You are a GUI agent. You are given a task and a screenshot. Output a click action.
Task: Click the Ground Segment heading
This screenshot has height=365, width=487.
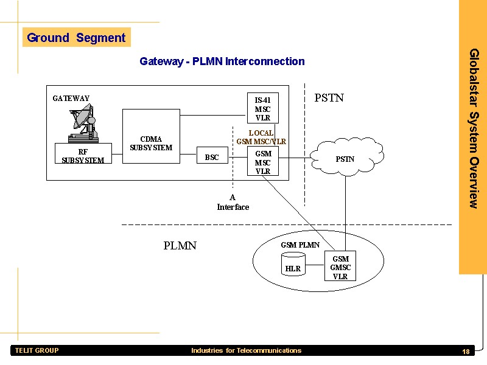pos(76,38)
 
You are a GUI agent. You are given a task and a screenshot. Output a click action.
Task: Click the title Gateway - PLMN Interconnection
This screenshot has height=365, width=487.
pos(222,61)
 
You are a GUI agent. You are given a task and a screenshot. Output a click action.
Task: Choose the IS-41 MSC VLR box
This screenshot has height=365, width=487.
pos(262,108)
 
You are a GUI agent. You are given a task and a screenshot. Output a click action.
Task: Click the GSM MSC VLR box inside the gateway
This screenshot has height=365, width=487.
pos(262,162)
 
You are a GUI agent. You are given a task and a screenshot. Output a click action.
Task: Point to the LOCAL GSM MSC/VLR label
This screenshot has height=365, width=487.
pos(261,137)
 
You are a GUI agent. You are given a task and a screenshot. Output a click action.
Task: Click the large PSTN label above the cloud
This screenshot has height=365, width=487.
pos(329,98)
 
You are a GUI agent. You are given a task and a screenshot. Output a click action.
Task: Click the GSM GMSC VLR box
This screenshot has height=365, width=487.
pos(340,267)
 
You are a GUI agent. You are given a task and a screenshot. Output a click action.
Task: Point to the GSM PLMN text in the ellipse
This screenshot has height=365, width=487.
pos(300,245)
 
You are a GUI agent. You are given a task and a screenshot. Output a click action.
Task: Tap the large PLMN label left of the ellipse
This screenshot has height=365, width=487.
pos(180,246)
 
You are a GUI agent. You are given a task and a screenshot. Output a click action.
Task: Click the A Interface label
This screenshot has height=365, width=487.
pos(233,202)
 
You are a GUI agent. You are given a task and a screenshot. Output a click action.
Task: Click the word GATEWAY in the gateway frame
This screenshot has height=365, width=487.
pos(71,99)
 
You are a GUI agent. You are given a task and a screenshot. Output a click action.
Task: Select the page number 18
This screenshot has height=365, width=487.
pos(466,352)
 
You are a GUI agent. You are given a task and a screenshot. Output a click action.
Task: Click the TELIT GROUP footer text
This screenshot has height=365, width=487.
pos(37,350)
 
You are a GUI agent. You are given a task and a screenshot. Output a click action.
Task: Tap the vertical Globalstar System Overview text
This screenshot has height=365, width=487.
pos(473,128)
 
